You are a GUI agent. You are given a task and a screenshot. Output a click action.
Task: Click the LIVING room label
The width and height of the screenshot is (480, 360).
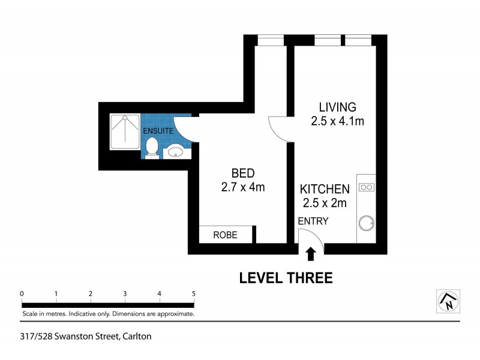click(337, 107)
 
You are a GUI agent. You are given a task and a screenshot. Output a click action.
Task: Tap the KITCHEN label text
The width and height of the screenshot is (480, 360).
click(325, 189)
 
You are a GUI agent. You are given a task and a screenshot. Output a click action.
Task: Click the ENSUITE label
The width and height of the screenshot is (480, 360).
click(158, 131)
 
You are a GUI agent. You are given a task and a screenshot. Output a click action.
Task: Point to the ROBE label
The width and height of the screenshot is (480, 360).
click(225, 235)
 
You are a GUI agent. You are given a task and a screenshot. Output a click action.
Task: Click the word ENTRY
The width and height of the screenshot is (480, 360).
click(313, 221)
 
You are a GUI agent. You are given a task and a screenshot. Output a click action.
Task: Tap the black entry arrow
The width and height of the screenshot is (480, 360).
click(310, 255)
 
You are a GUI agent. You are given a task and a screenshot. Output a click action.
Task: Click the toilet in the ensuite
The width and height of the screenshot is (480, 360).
click(152, 148)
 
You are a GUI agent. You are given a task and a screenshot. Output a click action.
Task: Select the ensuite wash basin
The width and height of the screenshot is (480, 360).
click(175, 151)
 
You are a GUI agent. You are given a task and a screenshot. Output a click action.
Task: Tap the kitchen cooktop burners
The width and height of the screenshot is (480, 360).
click(366, 187)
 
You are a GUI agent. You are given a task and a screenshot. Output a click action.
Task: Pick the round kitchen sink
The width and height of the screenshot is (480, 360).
click(366, 224)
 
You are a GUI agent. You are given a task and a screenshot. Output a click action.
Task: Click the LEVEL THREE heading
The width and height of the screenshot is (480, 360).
click(286, 278)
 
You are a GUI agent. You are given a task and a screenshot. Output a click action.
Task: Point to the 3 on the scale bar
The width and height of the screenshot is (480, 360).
click(125, 293)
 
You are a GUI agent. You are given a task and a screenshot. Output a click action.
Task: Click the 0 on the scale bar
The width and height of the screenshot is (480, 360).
click(22, 293)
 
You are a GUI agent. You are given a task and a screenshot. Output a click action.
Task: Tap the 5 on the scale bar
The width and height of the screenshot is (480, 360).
click(193, 293)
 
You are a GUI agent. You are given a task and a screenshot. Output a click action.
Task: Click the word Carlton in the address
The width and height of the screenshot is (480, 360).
click(137, 337)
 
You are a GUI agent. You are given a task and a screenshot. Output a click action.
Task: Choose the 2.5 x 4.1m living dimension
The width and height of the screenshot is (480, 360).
click(337, 121)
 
